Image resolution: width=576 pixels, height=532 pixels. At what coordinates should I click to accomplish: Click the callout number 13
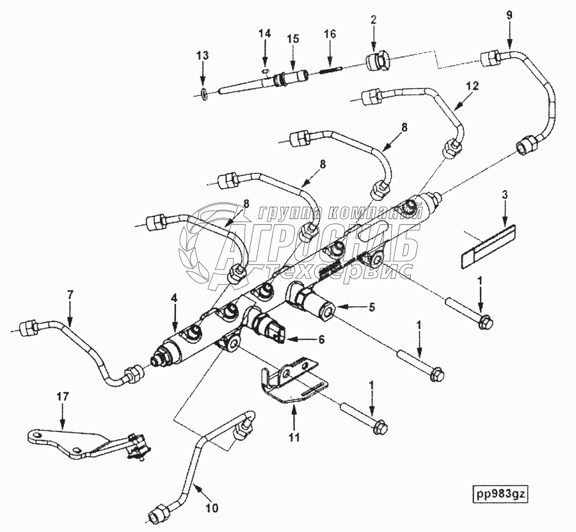click(x=202, y=56)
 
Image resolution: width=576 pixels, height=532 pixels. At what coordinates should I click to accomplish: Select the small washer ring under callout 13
click(x=205, y=94)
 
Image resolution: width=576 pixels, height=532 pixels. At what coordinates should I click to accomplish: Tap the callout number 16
click(x=330, y=34)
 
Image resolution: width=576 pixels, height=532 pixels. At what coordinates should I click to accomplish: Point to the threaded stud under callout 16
click(x=332, y=69)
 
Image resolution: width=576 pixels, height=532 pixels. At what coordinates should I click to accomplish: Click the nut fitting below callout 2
click(x=377, y=61)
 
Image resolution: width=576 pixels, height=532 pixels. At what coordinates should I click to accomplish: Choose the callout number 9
click(x=509, y=15)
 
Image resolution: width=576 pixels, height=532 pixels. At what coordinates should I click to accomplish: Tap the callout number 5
click(x=371, y=307)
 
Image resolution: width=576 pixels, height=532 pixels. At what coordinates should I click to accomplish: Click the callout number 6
click(x=321, y=340)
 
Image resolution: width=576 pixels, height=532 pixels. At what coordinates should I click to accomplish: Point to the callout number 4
click(x=174, y=298)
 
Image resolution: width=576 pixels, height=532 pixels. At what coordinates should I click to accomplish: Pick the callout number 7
click(x=70, y=294)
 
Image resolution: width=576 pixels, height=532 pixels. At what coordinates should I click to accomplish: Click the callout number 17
click(x=62, y=396)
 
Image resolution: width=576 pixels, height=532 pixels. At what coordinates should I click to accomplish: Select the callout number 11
click(x=294, y=437)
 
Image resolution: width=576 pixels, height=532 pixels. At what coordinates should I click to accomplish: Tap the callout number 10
click(x=212, y=508)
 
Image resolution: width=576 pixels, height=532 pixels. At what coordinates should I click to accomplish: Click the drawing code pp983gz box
click(x=500, y=494)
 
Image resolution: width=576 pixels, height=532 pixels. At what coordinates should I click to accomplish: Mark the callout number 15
click(x=292, y=38)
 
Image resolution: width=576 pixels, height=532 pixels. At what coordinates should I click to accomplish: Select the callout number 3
click(x=505, y=195)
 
